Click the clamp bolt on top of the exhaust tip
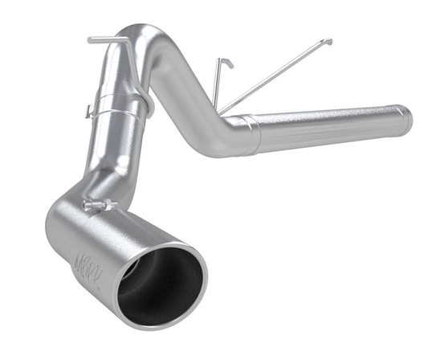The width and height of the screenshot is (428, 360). [x=95, y=207]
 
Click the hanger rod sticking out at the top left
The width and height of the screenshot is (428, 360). [x=101, y=38]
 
